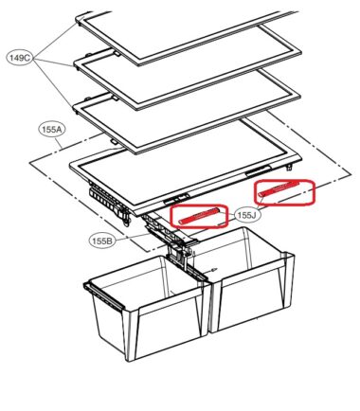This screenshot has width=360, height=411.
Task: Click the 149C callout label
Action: pyautogui.click(x=20, y=59)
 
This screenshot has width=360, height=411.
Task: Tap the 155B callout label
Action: pyautogui.click(x=102, y=241)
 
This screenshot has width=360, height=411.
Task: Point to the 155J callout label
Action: pyautogui.click(x=246, y=215)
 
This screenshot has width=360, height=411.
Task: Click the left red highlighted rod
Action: pyautogui.click(x=199, y=216)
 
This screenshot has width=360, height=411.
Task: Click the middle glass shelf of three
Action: pyautogui.click(x=187, y=79)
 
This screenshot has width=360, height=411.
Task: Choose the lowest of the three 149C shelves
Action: pyautogui.click(x=187, y=121)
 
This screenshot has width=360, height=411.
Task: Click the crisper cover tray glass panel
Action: pyautogui.click(x=185, y=164)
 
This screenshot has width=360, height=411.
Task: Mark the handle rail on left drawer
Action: pyautogui.click(x=103, y=296)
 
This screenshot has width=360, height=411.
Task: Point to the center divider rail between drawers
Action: pyautogui.click(x=187, y=265)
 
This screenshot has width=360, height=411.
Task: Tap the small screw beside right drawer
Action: pyautogui.click(x=214, y=269)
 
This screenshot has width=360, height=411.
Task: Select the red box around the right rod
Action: pyautogui.click(x=284, y=192)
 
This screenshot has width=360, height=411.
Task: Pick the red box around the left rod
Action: pyautogui.click(x=199, y=216)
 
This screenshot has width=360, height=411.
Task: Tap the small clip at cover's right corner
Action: pyautogui.click(x=289, y=167)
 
